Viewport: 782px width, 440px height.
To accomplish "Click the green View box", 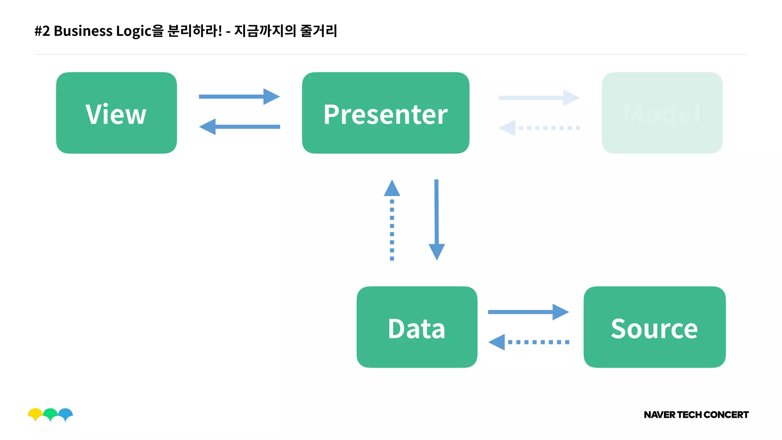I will tap(116, 113).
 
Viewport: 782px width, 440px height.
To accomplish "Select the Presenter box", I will tap(385, 113).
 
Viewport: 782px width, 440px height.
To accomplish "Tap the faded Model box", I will tap(662, 113).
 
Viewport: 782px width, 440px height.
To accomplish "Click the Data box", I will tap(417, 327).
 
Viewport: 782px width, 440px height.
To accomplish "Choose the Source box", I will tap(654, 327).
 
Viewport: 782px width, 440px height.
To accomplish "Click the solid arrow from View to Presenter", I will tap(239, 97).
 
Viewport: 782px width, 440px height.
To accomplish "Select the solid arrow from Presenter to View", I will tap(239, 127).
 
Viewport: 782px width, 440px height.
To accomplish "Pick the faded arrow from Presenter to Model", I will tap(539, 98).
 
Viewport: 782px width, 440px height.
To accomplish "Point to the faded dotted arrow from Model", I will tap(539, 128).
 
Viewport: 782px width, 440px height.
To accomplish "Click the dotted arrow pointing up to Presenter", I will tap(392, 220).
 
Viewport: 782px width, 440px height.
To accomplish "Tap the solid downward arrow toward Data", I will tap(436, 220).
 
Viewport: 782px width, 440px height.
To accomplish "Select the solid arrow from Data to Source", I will tap(528, 312).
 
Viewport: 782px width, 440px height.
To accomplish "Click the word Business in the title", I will tap(83, 31).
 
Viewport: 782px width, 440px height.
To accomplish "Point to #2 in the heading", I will tap(42, 31).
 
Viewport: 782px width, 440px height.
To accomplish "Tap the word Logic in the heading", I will tap(134, 31).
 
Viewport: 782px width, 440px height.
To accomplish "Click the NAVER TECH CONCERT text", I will tap(696, 415).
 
